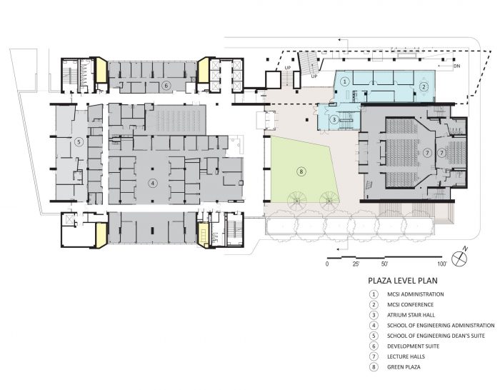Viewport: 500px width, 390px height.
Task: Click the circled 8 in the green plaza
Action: point(301,172)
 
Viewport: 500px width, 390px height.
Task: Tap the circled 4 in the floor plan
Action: point(153,183)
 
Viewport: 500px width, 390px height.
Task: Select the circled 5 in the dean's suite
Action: point(79,142)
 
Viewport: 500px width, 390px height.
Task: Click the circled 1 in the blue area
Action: point(344,81)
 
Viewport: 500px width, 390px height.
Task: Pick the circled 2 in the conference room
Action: point(424,86)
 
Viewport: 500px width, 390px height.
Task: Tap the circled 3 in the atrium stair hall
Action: point(334,120)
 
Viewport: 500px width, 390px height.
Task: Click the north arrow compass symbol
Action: point(459,257)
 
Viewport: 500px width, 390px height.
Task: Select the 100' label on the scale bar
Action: point(442,264)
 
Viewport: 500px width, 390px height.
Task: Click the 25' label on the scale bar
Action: point(356,264)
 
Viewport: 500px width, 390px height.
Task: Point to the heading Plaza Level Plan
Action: point(403,281)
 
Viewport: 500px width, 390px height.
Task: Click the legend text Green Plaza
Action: point(404,367)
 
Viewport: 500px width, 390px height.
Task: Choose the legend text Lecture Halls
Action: point(406,356)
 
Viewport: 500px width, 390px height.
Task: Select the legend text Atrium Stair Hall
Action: point(411,315)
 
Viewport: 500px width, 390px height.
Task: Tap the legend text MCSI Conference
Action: point(411,304)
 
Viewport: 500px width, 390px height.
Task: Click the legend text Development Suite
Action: point(414,346)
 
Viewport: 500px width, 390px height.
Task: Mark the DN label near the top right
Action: point(456,67)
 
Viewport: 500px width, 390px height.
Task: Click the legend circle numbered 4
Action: point(374,326)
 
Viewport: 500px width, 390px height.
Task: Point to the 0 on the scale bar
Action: point(327,264)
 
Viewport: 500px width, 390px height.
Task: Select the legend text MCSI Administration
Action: point(416,294)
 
